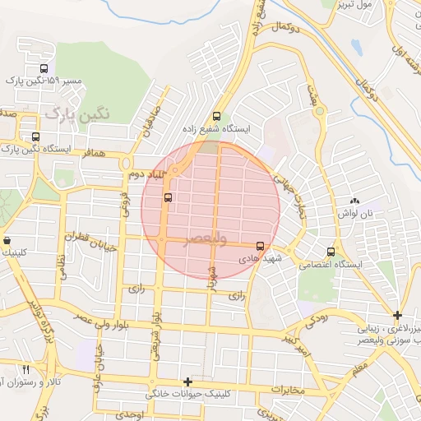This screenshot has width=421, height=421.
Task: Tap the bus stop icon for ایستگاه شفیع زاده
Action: click(x=216, y=116)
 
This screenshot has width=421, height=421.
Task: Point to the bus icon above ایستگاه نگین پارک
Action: click(x=35, y=136)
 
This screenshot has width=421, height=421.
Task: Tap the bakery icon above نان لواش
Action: click(x=354, y=201)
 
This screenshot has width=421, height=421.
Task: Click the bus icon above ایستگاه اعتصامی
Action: click(x=331, y=252)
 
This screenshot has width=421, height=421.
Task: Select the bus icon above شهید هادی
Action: click(x=261, y=245)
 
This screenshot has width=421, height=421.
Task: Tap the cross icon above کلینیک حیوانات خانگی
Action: click(x=188, y=382)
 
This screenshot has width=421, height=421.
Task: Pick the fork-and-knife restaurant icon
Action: click(x=25, y=369)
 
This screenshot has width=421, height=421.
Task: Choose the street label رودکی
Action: click(x=317, y=318)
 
